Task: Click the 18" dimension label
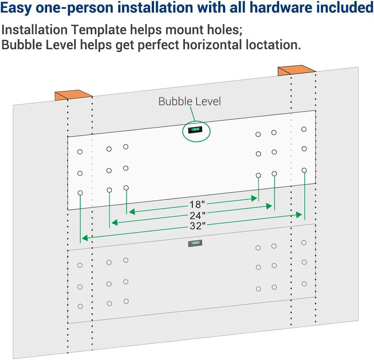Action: [197, 205]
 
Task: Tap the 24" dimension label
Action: [197, 216]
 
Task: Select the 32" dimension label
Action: [197, 226]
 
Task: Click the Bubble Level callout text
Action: [189, 101]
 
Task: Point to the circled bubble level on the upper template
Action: [195, 131]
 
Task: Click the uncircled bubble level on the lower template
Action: [195, 243]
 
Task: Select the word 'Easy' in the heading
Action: [16, 8]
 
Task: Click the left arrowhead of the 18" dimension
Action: [131, 211]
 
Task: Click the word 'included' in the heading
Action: [345, 8]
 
